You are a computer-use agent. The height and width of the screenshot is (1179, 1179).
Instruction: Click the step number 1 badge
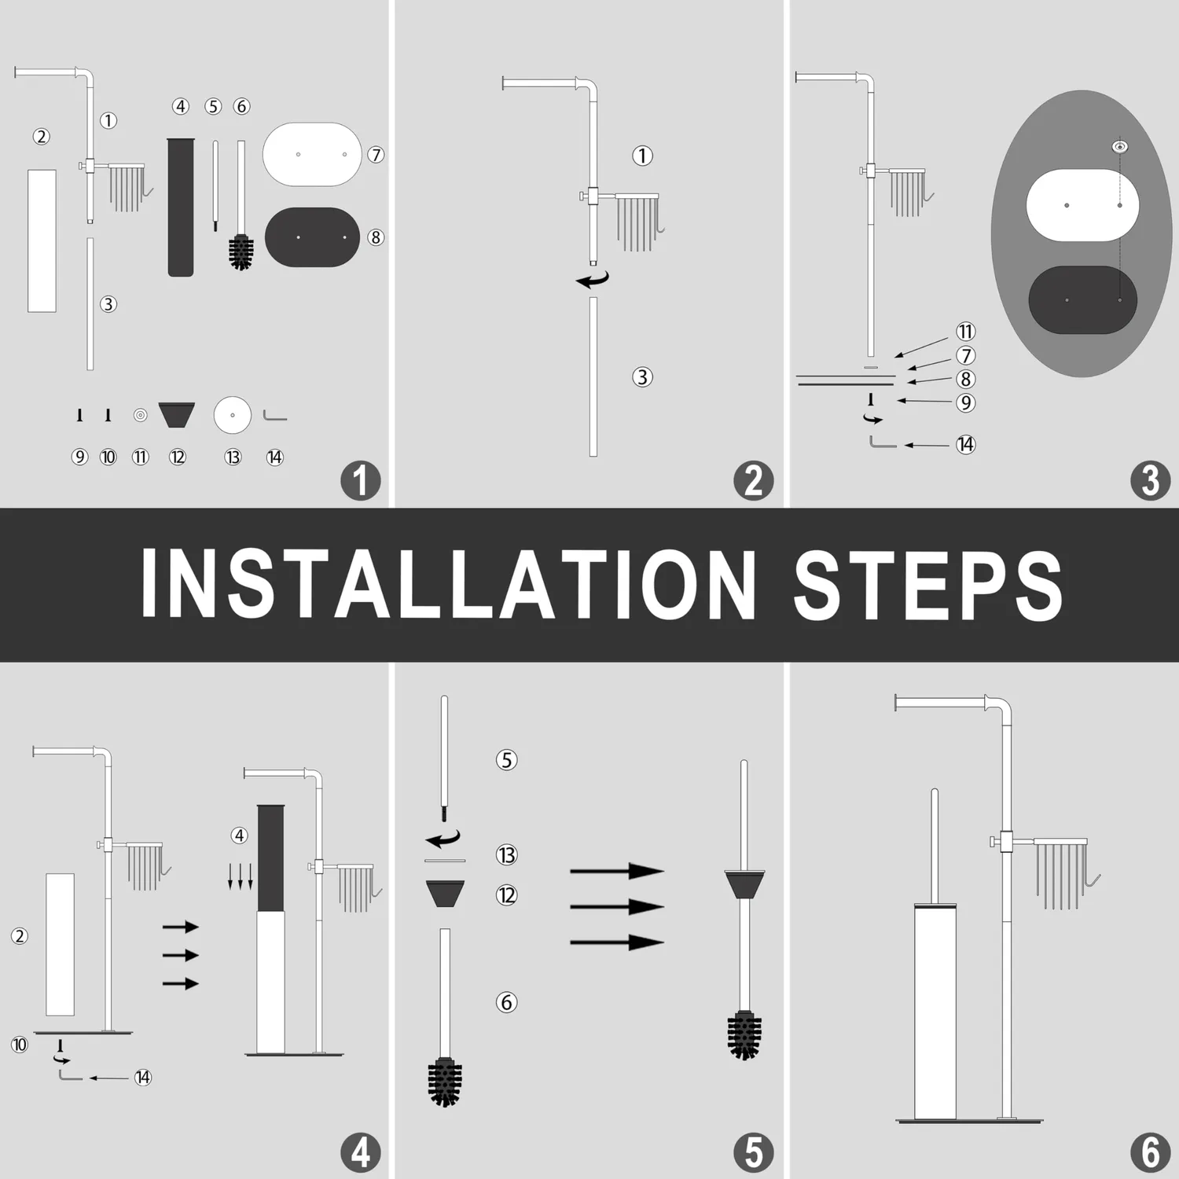click(361, 481)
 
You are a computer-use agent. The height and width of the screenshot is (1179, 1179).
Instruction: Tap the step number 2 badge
click(754, 481)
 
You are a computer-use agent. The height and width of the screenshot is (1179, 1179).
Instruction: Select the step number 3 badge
click(1150, 481)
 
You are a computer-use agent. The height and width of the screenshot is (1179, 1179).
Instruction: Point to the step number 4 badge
click(361, 1153)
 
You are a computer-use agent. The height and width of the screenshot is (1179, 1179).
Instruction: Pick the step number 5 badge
click(754, 1153)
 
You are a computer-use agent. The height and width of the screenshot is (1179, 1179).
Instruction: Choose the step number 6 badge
click(1150, 1153)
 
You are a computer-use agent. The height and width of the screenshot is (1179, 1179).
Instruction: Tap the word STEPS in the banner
click(928, 584)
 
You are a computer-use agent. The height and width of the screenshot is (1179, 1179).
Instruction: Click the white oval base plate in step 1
click(312, 154)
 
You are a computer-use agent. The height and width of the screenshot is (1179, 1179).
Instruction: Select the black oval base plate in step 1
click(312, 237)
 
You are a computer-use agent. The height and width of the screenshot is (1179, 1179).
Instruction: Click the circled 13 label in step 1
click(233, 457)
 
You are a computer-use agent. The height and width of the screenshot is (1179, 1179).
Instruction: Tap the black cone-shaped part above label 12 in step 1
click(177, 414)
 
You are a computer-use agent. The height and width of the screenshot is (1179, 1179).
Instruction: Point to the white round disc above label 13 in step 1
click(233, 415)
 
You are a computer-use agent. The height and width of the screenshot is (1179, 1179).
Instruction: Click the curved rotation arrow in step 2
click(593, 279)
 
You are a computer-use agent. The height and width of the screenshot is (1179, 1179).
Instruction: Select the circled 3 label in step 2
click(642, 377)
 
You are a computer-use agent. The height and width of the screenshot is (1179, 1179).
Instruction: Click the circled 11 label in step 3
click(965, 332)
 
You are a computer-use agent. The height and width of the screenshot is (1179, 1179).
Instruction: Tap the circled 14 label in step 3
click(965, 445)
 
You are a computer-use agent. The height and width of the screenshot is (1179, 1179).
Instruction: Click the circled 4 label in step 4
click(239, 836)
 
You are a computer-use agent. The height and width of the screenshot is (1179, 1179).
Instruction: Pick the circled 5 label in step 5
click(506, 760)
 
